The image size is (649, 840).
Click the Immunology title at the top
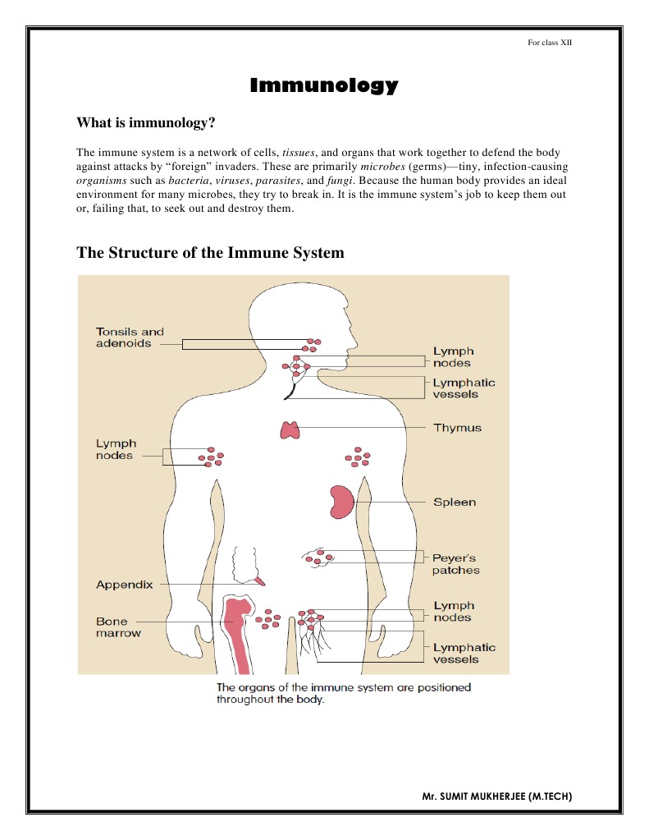tap(323, 85)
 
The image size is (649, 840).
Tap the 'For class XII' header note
tap(549, 42)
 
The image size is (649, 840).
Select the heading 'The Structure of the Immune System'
tap(210, 252)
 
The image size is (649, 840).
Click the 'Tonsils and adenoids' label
tap(130, 337)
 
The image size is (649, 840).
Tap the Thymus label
tap(457, 428)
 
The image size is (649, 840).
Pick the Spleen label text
tap(455, 502)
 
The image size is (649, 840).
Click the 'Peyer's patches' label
tap(455, 564)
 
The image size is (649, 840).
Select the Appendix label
tap(124, 585)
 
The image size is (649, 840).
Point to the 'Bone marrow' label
tap(118, 627)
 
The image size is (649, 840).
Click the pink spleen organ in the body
tap(341, 502)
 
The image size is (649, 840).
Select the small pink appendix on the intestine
tap(259, 581)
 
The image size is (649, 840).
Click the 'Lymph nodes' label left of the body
tap(116, 449)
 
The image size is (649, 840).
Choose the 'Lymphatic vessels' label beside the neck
tap(464, 388)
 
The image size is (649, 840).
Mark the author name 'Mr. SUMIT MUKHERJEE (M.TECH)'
tap(496, 796)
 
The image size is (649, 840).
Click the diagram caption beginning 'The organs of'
tap(343, 693)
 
